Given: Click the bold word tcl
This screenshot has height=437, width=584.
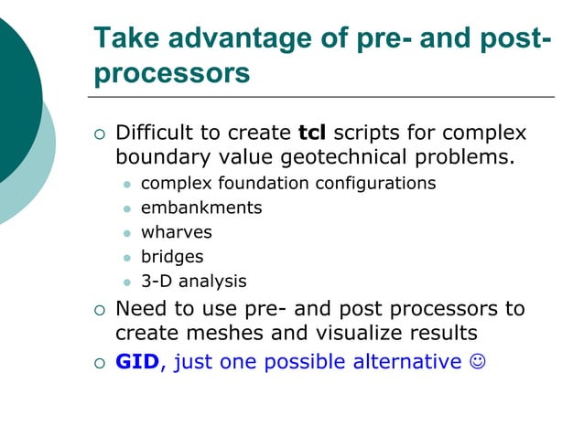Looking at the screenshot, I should (x=314, y=133).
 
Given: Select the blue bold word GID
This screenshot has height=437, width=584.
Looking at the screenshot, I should (x=137, y=362).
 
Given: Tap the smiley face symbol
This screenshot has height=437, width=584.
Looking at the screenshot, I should (x=476, y=362).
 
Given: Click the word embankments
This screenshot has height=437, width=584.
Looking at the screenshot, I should (x=200, y=208).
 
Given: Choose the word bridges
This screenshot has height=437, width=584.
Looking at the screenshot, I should (x=172, y=257).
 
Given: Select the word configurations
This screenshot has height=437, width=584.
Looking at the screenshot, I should (x=375, y=183).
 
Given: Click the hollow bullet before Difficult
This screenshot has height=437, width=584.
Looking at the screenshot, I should (x=100, y=135).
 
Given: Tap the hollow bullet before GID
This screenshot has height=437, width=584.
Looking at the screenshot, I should (x=100, y=363).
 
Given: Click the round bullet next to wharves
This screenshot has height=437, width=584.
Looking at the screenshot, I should (x=127, y=233).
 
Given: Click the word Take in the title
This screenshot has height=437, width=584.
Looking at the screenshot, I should (x=124, y=38).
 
